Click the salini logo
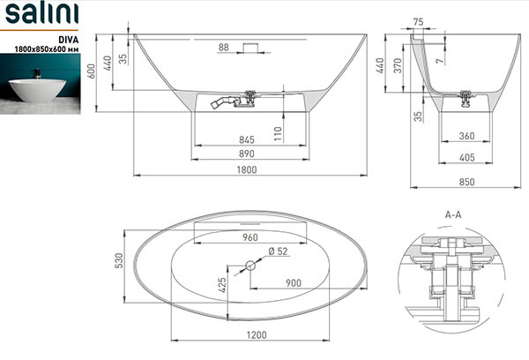click(41, 13)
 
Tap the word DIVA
click(69, 40)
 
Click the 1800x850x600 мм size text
click(47, 49)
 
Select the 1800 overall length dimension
click(247, 169)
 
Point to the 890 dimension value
click(247, 154)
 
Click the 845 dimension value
click(247, 139)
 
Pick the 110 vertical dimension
click(278, 134)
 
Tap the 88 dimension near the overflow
click(223, 48)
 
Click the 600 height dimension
click(92, 71)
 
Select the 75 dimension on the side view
click(418, 22)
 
